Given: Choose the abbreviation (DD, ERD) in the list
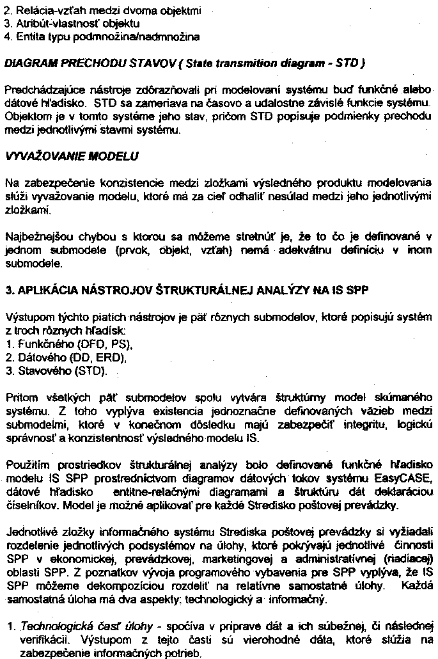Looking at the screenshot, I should click(x=97, y=357).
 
